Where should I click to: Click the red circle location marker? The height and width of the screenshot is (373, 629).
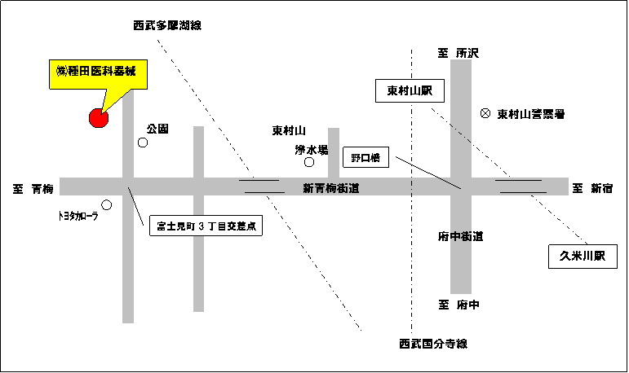click(99, 118)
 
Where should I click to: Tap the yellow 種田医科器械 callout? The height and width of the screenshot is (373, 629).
click(98, 75)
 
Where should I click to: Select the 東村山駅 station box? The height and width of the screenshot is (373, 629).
click(410, 91)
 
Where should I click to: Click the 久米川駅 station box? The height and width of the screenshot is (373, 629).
click(582, 257)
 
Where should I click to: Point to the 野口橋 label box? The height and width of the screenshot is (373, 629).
click(365, 157)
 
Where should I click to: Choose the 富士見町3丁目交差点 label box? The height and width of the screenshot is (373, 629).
click(206, 226)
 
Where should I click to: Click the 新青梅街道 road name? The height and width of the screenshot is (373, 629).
click(331, 188)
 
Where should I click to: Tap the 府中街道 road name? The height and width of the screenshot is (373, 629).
click(460, 236)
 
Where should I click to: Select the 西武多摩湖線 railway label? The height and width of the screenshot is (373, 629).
click(167, 25)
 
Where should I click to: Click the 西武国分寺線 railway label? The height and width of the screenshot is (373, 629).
click(433, 344)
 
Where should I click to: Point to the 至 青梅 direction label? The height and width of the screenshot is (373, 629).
click(33, 189)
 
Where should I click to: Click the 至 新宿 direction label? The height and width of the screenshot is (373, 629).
click(592, 188)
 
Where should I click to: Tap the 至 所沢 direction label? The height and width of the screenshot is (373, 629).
click(458, 53)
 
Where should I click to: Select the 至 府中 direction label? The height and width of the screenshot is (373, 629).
click(458, 305)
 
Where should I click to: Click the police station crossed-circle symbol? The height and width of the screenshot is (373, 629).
click(485, 113)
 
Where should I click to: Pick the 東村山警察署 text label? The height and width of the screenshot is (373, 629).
click(531, 114)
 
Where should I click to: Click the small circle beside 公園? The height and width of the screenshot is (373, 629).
click(143, 143)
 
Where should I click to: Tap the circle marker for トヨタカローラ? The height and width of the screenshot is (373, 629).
click(106, 205)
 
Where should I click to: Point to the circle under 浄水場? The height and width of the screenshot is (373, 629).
click(309, 162)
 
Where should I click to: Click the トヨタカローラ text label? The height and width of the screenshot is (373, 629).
click(78, 217)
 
